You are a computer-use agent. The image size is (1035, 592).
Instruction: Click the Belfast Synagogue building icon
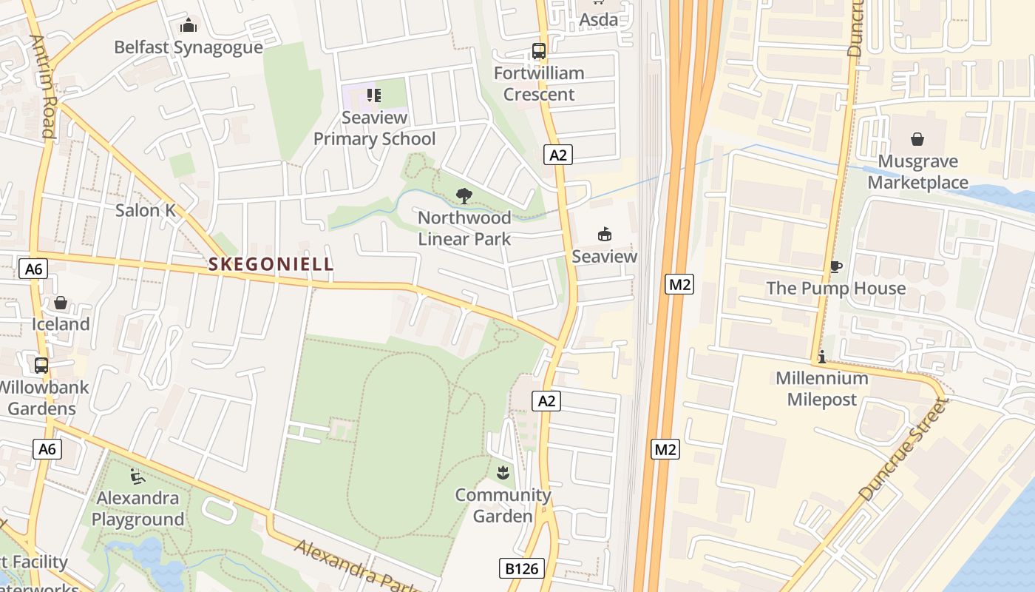tap(189, 26)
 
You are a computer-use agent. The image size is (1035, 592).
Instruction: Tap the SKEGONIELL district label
tap(271, 264)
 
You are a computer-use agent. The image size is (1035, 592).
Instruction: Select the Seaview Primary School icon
tap(374, 95)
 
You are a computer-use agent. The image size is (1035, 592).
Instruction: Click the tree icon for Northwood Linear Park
tap(464, 196)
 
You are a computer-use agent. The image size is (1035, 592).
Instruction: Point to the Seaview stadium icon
tap(605, 235)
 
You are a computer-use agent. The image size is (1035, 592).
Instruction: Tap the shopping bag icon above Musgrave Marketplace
tap(917, 139)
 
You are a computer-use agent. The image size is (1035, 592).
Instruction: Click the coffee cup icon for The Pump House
tap(835, 266)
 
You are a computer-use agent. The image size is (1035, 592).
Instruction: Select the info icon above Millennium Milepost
tap(821, 357)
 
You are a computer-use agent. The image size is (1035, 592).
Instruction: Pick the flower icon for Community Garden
tap(503, 472)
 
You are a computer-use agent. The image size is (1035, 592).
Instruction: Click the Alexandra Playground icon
tap(138, 476)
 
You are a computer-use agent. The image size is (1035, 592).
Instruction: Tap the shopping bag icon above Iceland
tap(61, 303)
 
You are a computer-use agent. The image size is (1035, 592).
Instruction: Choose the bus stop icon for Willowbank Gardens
tap(41, 365)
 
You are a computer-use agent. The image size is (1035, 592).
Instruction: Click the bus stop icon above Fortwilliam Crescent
tap(539, 52)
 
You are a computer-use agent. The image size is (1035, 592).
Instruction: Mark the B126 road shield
tap(522, 568)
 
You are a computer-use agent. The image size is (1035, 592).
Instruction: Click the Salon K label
tap(146, 210)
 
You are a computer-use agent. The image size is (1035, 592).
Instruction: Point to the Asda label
tap(598, 20)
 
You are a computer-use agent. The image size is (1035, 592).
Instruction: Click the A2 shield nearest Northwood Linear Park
tap(558, 155)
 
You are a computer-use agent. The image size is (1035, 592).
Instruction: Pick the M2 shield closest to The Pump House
tap(679, 284)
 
